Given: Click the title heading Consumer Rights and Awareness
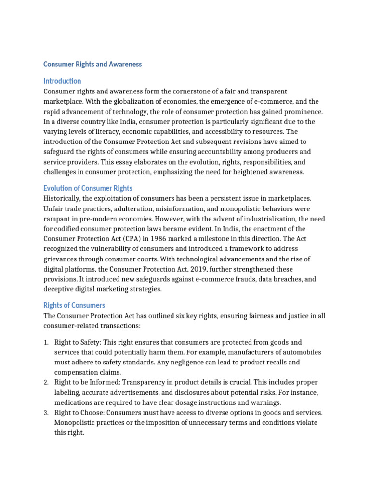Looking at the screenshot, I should (92, 64).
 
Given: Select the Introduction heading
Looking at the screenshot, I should (62, 81).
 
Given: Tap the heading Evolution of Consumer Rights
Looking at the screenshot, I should (88, 188).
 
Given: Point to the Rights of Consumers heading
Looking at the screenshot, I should (74, 305).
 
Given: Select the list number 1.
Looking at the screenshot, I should (46, 343).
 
